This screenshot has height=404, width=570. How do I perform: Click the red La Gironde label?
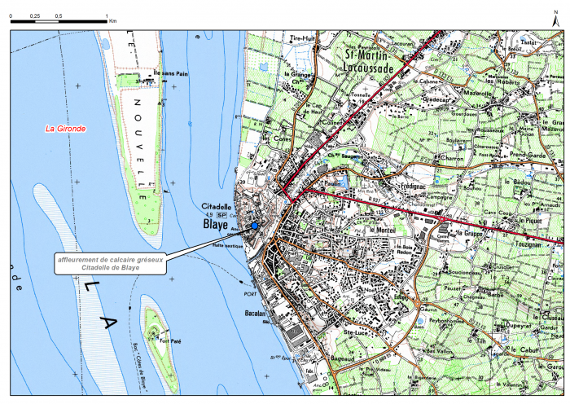point(65,129)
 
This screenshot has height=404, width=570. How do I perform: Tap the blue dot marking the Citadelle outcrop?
point(254,226)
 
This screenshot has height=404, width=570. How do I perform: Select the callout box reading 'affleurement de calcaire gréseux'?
point(111,262)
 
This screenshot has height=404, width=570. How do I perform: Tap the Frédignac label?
point(393,186)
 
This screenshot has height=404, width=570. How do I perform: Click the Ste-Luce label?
point(358,332)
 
